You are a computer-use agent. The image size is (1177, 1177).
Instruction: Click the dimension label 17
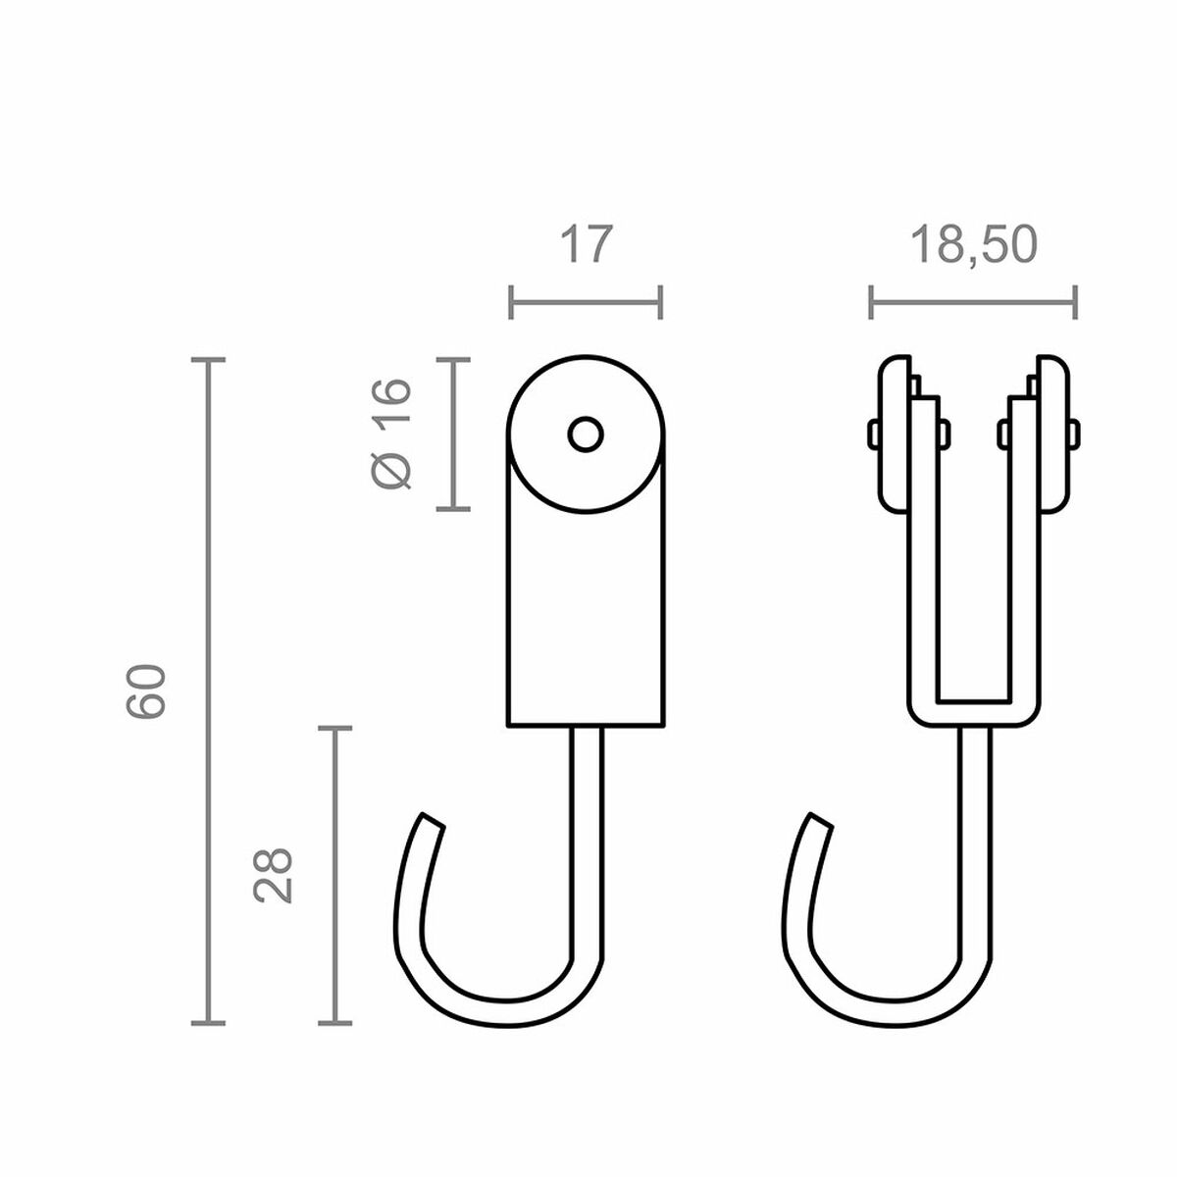(x=586, y=244)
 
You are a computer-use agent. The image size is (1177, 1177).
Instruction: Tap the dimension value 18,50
(x=972, y=244)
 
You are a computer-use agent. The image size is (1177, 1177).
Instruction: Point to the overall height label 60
(x=148, y=691)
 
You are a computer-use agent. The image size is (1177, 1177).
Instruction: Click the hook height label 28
(x=274, y=875)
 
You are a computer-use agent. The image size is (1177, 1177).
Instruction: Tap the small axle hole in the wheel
(x=586, y=434)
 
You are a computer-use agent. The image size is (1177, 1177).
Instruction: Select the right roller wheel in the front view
(x=1050, y=433)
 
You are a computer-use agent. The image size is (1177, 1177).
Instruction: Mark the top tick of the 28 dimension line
(x=335, y=729)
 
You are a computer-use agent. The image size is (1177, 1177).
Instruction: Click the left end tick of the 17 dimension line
(x=511, y=302)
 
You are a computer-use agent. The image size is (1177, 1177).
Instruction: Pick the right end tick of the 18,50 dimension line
(x=1076, y=302)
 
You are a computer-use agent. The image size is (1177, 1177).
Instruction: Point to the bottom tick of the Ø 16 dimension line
(x=452, y=509)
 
